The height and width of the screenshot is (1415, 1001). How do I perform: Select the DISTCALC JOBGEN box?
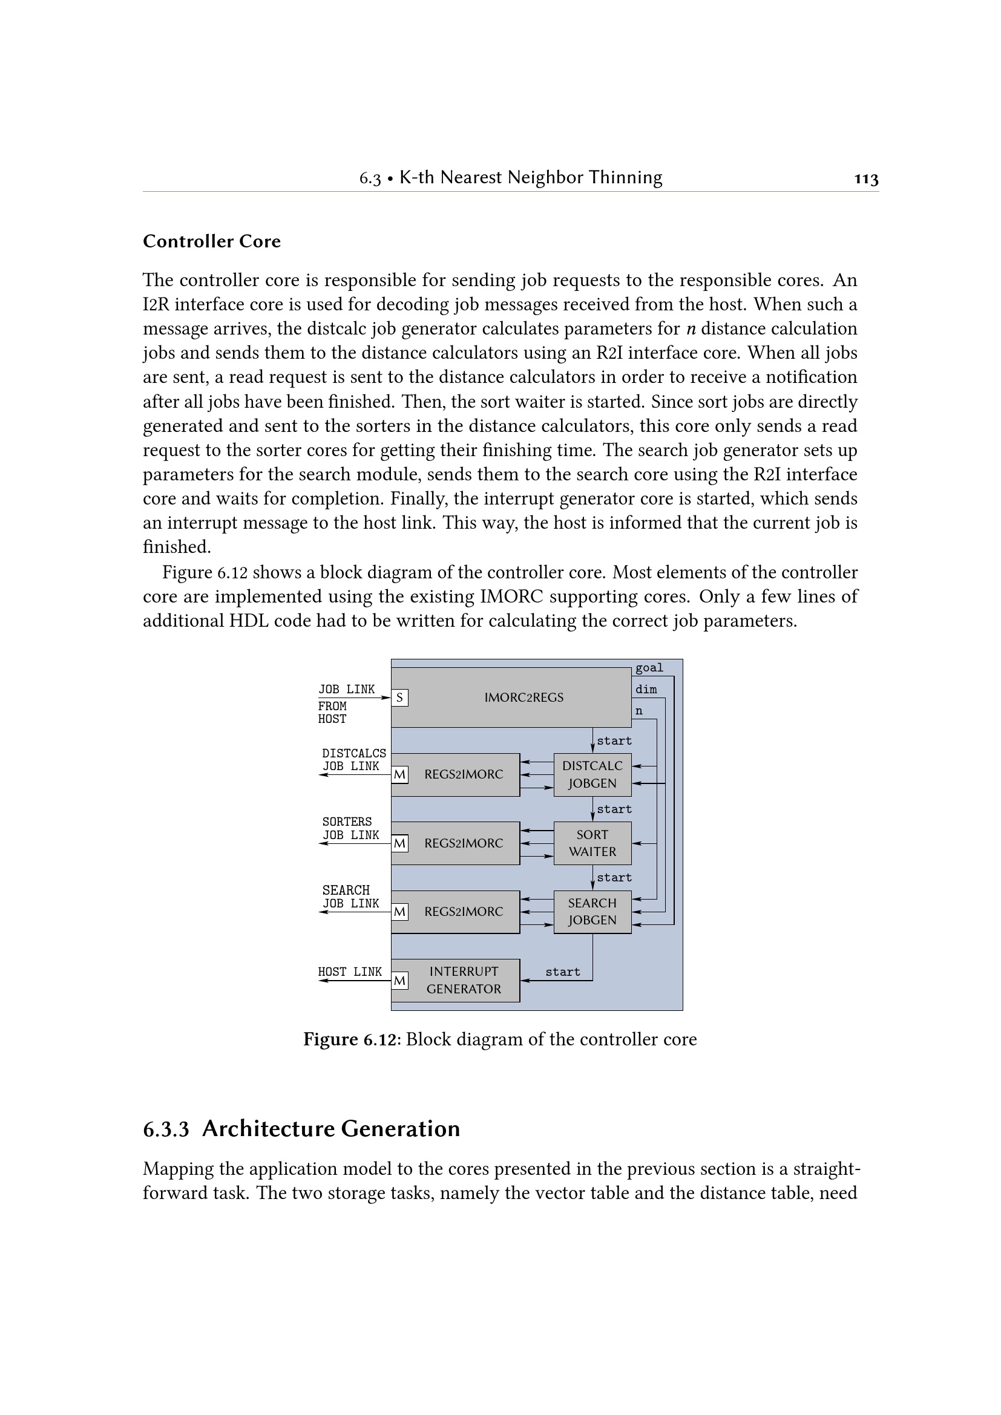coord(592,774)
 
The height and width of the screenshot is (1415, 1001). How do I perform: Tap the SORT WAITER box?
coord(592,843)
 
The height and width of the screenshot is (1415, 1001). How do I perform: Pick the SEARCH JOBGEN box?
coord(592,911)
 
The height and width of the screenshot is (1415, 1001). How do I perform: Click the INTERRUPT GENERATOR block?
coord(464,979)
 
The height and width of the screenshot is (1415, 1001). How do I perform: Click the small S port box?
coord(399,698)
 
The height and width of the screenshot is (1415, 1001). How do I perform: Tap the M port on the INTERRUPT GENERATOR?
coord(399,980)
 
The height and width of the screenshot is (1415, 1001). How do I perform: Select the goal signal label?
coord(649,667)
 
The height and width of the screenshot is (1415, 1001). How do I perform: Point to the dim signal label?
coord(646,689)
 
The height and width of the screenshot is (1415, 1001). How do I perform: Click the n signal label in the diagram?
coord(639,711)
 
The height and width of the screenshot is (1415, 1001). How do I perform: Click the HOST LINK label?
coord(349,972)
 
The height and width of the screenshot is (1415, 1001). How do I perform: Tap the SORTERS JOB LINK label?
coord(350,828)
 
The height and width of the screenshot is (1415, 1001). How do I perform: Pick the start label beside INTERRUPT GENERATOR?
coord(562,972)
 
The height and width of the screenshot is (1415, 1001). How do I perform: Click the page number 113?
coord(866,178)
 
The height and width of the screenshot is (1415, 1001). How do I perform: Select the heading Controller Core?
coord(211,241)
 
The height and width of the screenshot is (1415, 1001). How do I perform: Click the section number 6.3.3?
coord(166,1129)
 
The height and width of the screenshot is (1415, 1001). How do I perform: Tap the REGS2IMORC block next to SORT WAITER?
coord(464,843)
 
